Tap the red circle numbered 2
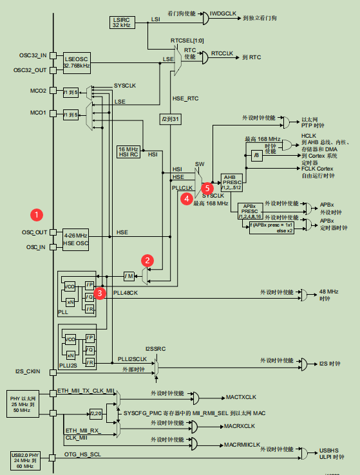click(148, 261)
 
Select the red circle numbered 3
click(100, 293)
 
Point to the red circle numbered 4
click(186, 199)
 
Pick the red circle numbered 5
click(207, 189)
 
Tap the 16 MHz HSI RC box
click(128, 151)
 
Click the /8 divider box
click(256, 155)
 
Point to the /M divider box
click(129, 276)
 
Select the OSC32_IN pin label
click(33, 55)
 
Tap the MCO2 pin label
click(38, 91)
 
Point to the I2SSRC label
click(155, 348)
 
